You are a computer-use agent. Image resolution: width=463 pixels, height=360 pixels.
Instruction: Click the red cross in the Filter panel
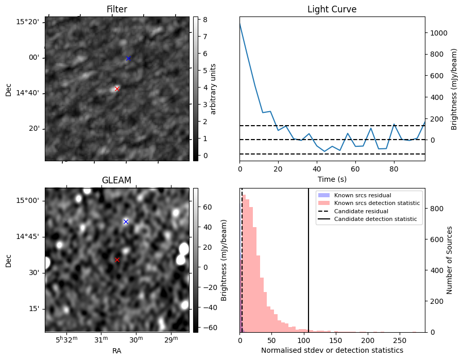pos(117,89)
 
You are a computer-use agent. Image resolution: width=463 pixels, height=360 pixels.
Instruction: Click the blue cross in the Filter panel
pos(128,58)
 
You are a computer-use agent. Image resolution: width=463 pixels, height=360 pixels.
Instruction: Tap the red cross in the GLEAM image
pos(117,260)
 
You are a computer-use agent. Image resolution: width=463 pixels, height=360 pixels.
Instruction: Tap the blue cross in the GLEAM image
pos(126,221)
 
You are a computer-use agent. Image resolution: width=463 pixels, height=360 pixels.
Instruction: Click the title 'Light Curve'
pos(332,9)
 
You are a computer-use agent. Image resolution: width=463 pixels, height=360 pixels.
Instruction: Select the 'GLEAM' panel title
pos(117,180)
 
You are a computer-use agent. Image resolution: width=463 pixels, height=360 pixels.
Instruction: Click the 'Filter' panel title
pos(117,9)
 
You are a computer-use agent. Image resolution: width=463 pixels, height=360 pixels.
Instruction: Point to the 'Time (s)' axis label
pos(332,179)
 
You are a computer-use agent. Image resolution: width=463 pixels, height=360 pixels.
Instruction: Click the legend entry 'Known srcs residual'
pos(362,195)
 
